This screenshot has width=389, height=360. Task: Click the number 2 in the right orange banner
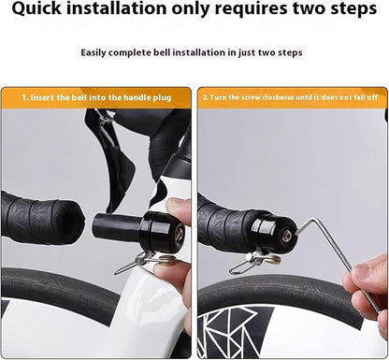point(206,96)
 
